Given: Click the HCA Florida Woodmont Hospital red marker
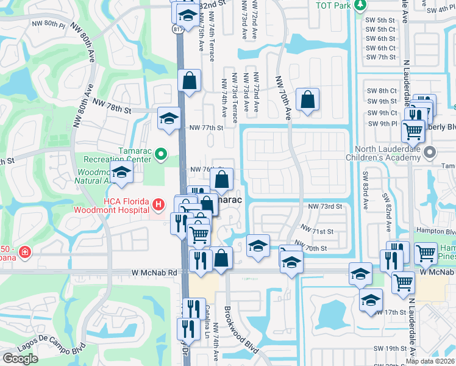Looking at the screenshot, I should coord(158,204).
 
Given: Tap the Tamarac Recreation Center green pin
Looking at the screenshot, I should coord(161,154).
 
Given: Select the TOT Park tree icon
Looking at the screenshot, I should coord(361,5).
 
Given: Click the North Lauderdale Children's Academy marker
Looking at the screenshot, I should coord(431,152).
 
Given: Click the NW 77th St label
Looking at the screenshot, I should coord(206,127).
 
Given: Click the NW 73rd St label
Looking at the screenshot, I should coord(325,207).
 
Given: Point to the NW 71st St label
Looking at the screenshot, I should coord(317,231).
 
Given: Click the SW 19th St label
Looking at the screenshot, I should coord(390,348).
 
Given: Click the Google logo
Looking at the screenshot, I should coord(20,358).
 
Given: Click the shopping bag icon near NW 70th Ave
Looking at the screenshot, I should coord(308,99).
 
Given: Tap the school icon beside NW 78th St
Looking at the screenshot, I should coord(169,118).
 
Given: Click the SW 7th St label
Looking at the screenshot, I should coord(381,57).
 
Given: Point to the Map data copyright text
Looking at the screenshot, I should coord(430,361).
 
